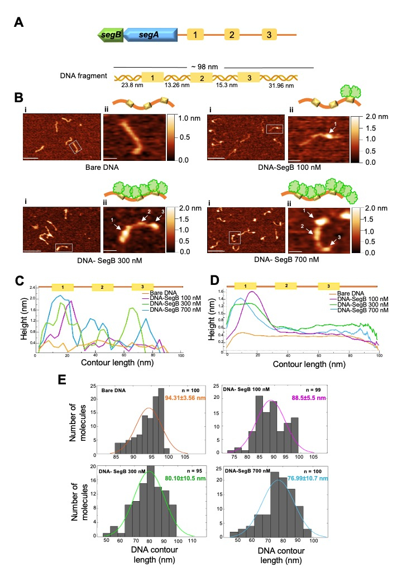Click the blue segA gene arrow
pyautogui.click(x=150, y=35)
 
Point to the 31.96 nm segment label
pyautogui.click(x=282, y=86)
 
